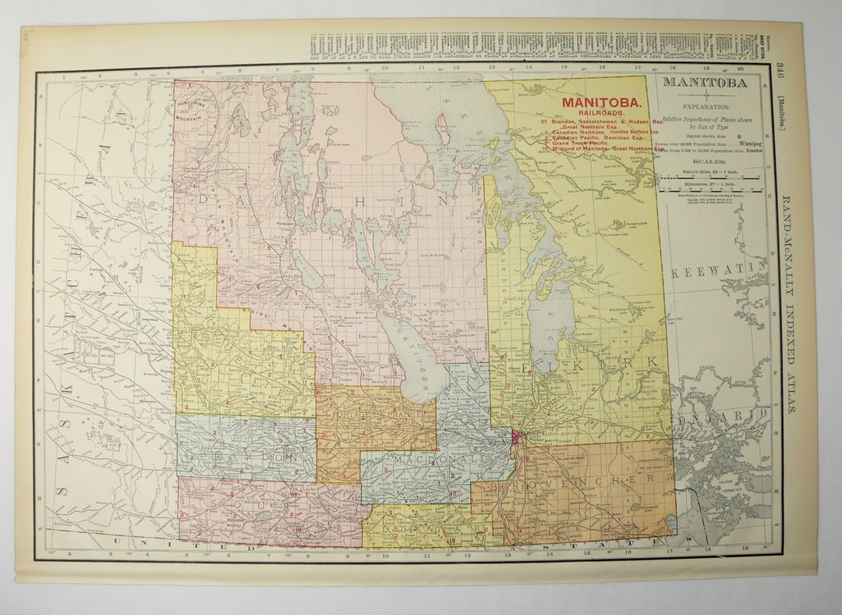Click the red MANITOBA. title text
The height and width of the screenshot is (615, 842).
[x=603, y=102]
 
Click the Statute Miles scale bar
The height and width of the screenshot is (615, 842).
[x=709, y=177]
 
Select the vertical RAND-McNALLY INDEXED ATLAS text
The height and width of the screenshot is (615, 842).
[x=789, y=304]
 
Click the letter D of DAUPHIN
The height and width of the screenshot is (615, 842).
[x=204, y=199]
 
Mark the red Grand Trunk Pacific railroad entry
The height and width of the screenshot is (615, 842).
[x=581, y=143]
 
